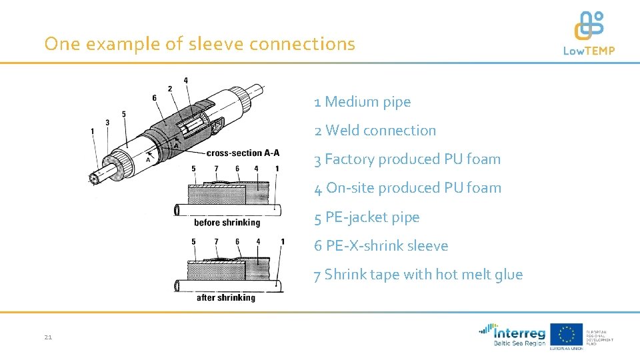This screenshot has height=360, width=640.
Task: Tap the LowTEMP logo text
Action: [589, 51]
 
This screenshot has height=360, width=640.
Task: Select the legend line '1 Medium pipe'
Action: [363, 102]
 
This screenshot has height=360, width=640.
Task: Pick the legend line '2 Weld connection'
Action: [375, 131]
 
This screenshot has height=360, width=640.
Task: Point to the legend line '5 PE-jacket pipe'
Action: [367, 217]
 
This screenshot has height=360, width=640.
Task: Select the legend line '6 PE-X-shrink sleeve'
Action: [381, 246]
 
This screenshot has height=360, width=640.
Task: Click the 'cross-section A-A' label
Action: [243, 153]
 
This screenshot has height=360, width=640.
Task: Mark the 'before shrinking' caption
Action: [227, 222]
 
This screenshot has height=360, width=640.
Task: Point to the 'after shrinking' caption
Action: [225, 297]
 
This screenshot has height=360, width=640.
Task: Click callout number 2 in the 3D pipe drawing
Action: [170, 89]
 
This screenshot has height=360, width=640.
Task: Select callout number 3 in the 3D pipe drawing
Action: [107, 123]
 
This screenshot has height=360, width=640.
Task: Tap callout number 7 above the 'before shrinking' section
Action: [215, 169]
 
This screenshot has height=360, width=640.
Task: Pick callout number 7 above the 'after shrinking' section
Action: [215, 241]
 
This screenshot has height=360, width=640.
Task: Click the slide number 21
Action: [48, 337]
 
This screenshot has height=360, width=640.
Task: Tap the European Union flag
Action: [566, 334]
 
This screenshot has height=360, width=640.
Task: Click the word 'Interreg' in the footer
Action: [519, 332]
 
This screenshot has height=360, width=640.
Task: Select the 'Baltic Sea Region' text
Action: [519, 344]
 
